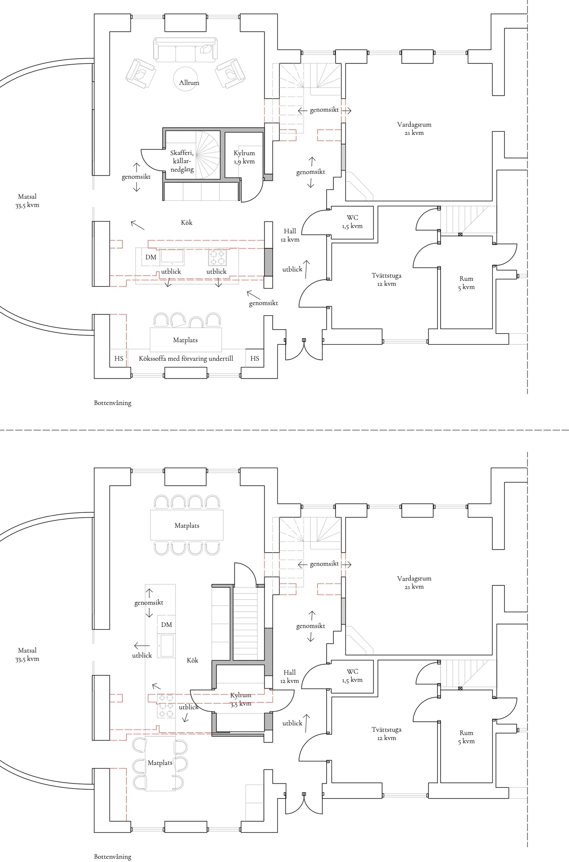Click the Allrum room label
189,83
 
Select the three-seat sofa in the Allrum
185,50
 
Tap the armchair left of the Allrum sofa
141,73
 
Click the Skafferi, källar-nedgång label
182,161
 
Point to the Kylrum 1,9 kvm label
244,157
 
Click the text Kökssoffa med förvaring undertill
186,358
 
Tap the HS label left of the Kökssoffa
119,358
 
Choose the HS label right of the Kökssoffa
255,358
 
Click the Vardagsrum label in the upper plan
414,129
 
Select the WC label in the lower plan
352,676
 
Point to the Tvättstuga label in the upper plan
386,279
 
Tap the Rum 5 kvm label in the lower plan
466,737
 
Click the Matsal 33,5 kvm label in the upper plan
27,201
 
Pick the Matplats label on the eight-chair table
187,526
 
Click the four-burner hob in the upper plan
217,257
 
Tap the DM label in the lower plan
167,625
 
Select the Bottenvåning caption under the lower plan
112,856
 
